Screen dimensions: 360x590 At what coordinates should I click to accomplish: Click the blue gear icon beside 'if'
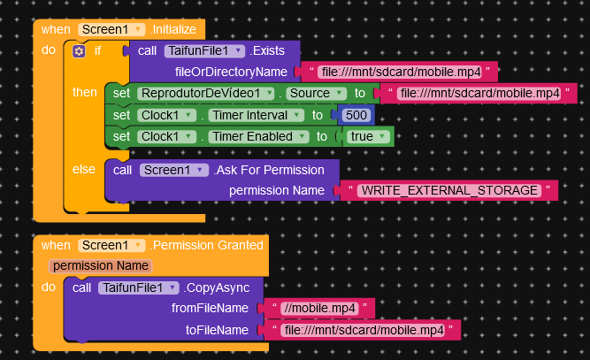79,51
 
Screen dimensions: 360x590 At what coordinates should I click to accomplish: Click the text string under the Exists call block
394,72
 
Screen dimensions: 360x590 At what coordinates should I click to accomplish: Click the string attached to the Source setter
479,93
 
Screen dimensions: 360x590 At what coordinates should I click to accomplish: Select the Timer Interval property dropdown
259,115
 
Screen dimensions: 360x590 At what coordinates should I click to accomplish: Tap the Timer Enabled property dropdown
259,136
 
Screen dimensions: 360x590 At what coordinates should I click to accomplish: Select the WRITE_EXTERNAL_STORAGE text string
449,190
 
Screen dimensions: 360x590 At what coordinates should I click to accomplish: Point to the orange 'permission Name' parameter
100,265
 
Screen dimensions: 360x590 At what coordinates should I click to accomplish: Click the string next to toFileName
362,330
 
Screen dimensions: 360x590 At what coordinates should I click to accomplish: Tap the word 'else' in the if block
85,168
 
